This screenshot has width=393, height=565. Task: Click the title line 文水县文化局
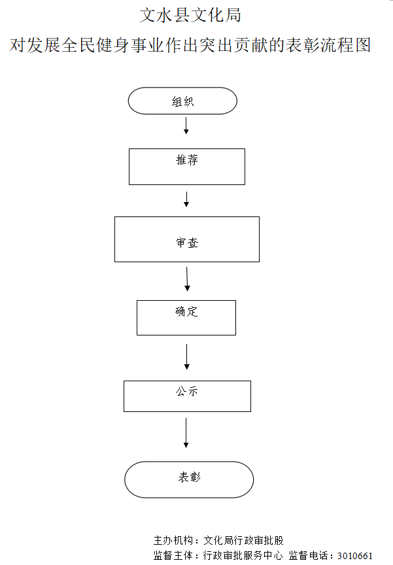(x=195, y=14)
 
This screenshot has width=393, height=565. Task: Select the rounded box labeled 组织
(x=182, y=101)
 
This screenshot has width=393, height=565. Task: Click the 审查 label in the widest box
(x=186, y=243)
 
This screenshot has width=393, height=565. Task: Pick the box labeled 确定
(x=186, y=318)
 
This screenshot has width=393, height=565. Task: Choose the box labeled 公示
(x=187, y=396)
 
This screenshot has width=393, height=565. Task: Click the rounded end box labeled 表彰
(x=189, y=479)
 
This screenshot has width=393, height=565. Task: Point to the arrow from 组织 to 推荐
(x=186, y=126)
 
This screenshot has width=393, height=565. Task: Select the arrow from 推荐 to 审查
(x=186, y=199)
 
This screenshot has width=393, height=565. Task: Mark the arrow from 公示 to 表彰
(x=186, y=433)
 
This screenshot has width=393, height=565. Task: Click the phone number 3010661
(x=354, y=556)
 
